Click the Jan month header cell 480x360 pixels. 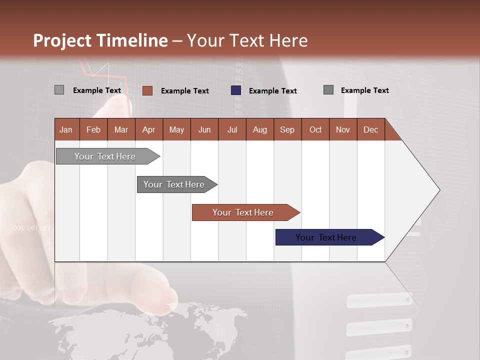coord(66,129)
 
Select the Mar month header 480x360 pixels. coord(121,129)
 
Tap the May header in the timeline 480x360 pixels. coord(176,129)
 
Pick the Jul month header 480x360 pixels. coord(232,129)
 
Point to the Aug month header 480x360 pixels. coord(259,129)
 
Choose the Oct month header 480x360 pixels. coord(315,129)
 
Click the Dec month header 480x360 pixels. coord(370,129)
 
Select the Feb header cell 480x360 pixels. coord(93,129)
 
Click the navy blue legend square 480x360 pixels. coord(236,90)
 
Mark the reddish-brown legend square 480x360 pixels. coord(147,90)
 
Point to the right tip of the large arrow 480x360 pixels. coord(439,190)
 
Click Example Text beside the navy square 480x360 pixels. coord(272,91)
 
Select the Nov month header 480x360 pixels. coord(342,129)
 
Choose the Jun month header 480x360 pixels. coord(204,129)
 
